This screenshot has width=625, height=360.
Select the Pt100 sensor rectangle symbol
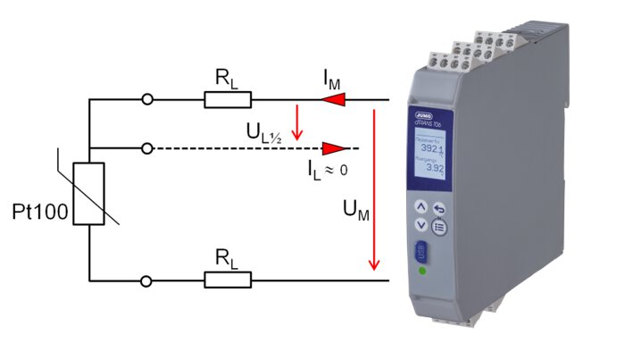[x=89, y=194]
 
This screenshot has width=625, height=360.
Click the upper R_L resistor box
[x=228, y=99]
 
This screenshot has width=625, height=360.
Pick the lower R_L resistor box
[x=228, y=280]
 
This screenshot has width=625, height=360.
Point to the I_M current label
[x=331, y=80]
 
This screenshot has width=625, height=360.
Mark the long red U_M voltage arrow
[x=375, y=188]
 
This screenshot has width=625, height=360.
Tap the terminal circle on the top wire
[x=147, y=99]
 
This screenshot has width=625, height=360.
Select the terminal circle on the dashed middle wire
[x=147, y=147]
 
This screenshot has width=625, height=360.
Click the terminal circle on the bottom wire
[x=147, y=280]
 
